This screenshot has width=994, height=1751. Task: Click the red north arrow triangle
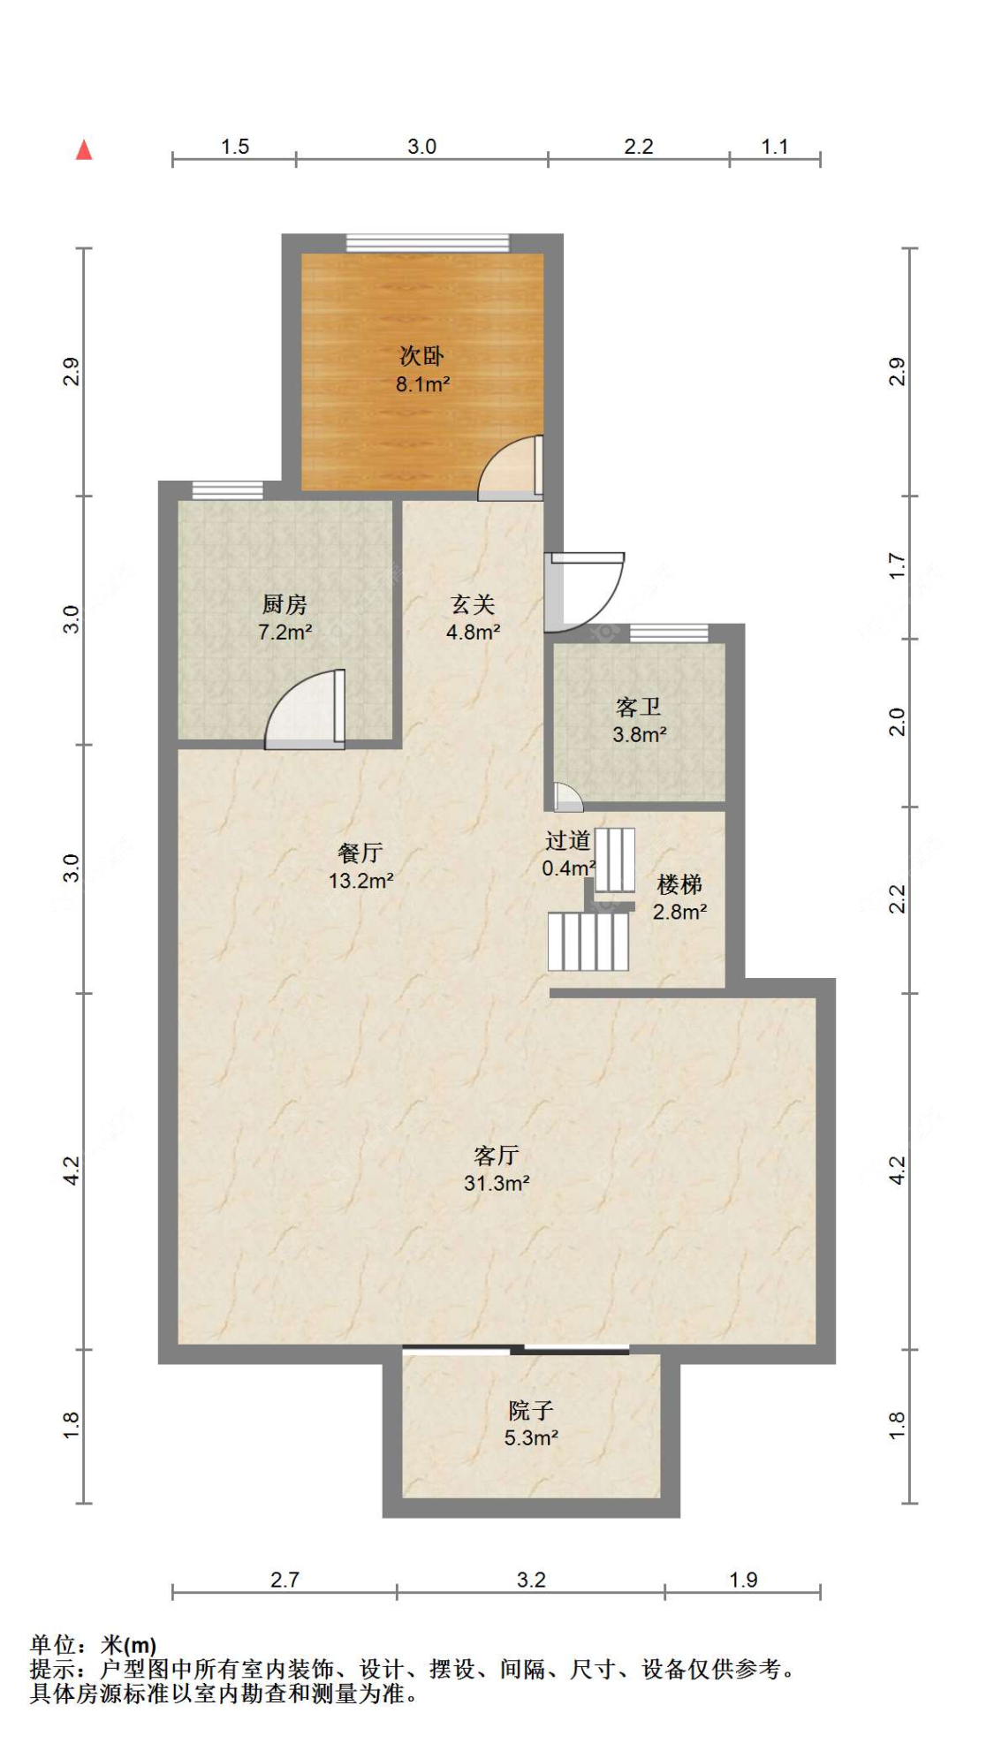pos(84,150)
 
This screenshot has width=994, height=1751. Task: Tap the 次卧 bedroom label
pos(421,356)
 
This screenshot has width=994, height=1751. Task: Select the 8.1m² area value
pos(422,384)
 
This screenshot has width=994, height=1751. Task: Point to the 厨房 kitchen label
pos(285,604)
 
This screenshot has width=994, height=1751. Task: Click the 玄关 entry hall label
pos(473,604)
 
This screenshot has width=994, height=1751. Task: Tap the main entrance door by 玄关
pos(583,590)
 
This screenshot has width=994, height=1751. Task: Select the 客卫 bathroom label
pos(639,707)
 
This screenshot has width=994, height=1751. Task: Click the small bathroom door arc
pos(567,798)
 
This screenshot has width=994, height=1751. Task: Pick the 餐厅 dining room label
pos(360,853)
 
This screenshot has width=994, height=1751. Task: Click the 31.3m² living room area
pos(497,1183)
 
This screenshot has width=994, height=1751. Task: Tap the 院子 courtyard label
pos(530,1410)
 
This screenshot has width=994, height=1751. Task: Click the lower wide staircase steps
pos(588,941)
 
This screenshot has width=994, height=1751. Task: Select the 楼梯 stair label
pos(679,883)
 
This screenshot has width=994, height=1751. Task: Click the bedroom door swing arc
pos(508,468)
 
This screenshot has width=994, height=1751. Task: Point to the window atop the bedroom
pos(428,243)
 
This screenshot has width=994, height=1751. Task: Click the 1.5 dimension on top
pos(235,147)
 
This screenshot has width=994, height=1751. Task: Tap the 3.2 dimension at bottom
pos(531,1579)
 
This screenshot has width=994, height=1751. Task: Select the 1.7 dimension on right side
pos(897,566)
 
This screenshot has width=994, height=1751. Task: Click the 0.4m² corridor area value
pos(568,868)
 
